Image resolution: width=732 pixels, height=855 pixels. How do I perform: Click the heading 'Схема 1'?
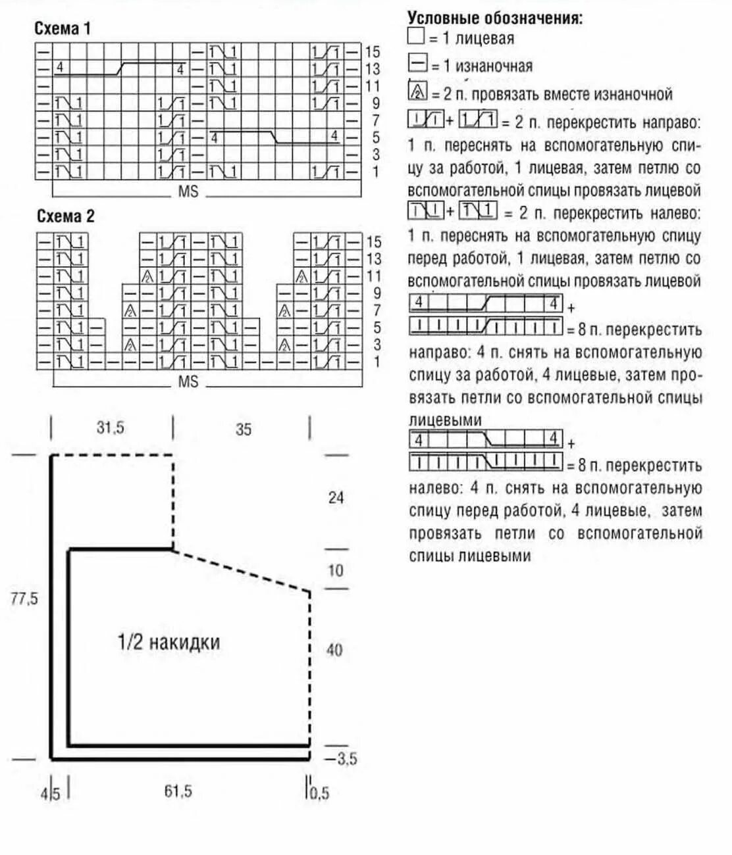pos(63,28)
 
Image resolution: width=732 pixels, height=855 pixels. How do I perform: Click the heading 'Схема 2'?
pos(65,216)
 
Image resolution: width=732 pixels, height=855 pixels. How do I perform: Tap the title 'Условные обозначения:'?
pos(495,18)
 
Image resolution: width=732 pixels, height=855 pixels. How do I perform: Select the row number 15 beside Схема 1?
pos(373,51)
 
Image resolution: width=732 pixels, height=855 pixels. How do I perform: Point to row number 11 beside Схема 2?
pos(373,276)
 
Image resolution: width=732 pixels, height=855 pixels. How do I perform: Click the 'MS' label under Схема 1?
pos(188,192)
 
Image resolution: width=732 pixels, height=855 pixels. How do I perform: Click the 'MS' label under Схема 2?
pos(188,382)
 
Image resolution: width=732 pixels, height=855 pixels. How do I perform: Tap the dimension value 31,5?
pos(110,427)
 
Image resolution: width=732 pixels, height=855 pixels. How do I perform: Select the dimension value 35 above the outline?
pos(244,429)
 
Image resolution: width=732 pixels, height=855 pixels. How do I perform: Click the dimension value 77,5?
pos(24,598)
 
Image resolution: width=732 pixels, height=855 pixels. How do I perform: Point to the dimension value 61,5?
pos(178,791)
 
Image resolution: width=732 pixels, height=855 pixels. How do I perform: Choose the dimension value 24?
pos(336,498)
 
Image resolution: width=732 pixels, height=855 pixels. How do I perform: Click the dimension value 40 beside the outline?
pos(334,650)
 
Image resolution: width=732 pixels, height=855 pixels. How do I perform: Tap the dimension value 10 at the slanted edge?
pos(336,570)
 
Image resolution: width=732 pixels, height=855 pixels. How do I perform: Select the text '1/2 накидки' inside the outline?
pos(169,642)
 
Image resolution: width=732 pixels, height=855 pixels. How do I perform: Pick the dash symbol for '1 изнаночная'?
pos(417,64)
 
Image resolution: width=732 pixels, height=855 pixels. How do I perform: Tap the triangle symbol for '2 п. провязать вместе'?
pos(418,91)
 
